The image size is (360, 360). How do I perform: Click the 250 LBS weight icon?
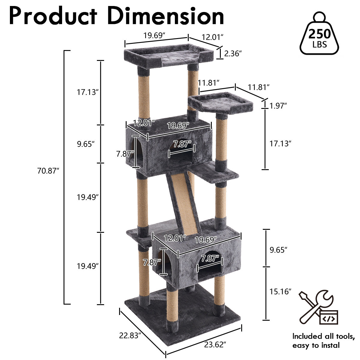[x=319, y=33]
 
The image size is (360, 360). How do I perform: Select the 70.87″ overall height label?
[x=48, y=171]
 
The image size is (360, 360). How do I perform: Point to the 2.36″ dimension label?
[x=233, y=54]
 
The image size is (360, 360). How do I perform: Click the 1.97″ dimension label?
[x=278, y=106]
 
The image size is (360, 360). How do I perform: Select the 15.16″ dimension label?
[x=280, y=292]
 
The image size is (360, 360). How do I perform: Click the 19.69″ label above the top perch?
[x=154, y=35]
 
